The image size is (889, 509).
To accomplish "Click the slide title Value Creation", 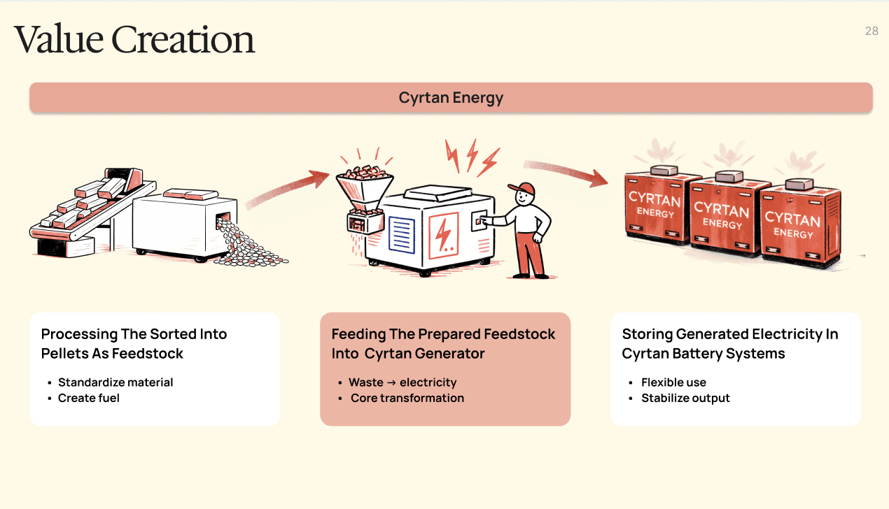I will click(x=134, y=40).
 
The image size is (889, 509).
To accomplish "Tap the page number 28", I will click(x=871, y=31).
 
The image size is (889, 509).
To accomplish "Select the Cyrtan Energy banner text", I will click(x=451, y=97).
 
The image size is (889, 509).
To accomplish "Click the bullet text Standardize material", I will click(x=115, y=382).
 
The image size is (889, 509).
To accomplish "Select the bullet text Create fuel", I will click(x=89, y=398).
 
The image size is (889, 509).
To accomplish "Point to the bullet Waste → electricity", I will click(x=402, y=382).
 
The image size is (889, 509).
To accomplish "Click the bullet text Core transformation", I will click(x=407, y=398).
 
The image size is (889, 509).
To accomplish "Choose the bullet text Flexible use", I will click(x=673, y=382).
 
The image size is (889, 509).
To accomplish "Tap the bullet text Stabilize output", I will click(x=685, y=398).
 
